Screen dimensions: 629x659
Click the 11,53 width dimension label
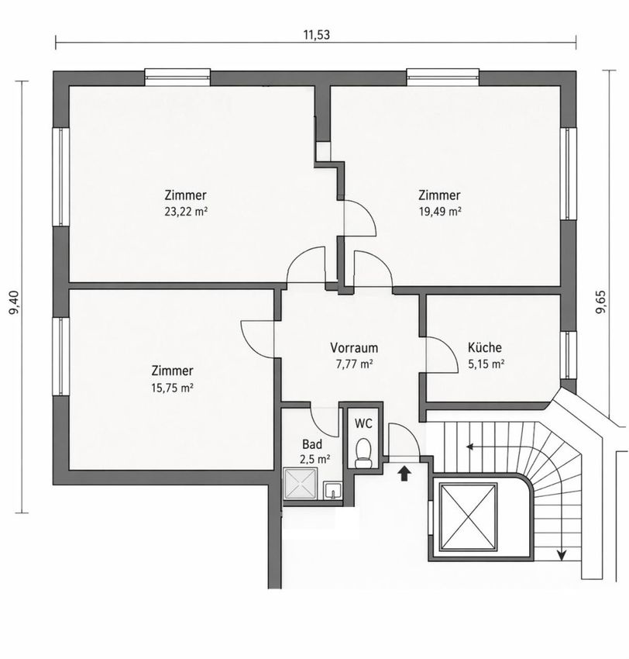point(317,35)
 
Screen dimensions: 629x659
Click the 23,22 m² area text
point(186,212)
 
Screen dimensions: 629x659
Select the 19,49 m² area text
point(440,212)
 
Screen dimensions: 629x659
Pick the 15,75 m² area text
point(172,388)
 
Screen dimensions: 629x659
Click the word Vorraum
point(354,348)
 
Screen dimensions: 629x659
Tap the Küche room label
point(485,347)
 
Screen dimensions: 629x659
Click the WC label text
point(363,423)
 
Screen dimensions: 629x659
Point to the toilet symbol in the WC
point(363,453)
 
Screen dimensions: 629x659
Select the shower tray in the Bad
point(300,483)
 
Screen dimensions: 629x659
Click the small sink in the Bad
point(332,491)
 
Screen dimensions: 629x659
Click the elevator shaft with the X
point(468,516)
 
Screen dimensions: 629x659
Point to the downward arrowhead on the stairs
point(561,556)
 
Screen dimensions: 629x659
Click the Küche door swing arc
point(447,350)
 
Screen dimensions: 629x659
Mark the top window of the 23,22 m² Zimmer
point(177,77)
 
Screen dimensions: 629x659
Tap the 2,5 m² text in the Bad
point(314,459)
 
